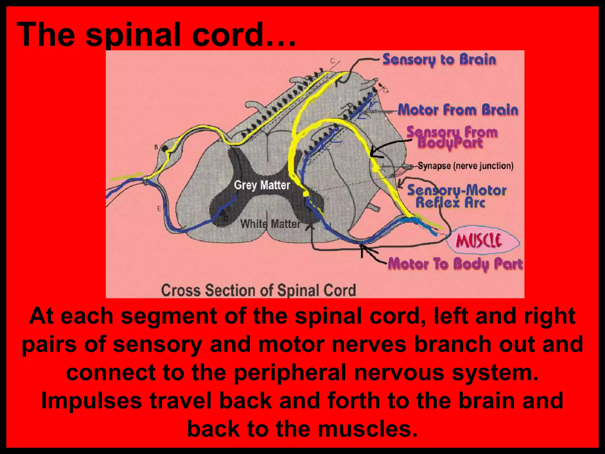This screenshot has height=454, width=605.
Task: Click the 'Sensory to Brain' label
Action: (439, 60)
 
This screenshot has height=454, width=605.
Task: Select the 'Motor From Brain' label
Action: (458, 110)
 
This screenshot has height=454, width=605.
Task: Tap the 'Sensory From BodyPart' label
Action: (452, 137)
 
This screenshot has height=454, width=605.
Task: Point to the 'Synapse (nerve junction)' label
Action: (465, 166)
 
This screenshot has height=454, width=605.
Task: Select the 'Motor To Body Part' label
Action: (455, 264)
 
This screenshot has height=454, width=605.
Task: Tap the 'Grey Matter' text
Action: (262, 185)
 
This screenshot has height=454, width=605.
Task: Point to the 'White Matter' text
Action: (270, 224)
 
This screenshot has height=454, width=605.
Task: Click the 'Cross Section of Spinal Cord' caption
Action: (258, 290)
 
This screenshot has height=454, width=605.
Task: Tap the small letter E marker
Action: (159, 209)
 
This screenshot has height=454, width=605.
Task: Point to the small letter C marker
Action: (333, 61)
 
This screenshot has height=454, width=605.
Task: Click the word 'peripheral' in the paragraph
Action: (290, 373)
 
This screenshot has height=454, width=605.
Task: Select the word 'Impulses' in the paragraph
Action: (92, 401)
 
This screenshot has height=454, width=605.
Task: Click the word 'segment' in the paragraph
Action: (169, 316)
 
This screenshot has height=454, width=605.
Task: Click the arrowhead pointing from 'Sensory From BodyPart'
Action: (373, 153)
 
